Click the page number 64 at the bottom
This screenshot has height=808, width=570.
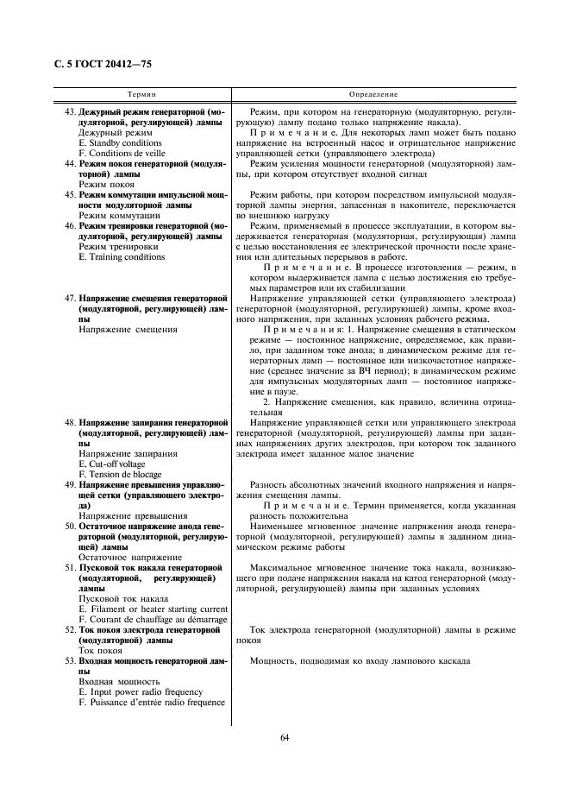click(285, 736)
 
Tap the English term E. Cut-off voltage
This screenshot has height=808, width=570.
click(113, 464)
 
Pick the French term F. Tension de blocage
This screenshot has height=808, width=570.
click(120, 474)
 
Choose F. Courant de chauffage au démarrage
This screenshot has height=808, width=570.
click(153, 620)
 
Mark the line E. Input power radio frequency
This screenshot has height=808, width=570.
click(141, 692)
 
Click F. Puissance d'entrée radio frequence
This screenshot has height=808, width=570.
click(152, 703)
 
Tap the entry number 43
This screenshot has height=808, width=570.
click(70, 112)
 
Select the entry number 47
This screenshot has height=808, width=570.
click(70, 298)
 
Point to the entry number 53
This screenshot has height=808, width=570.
click(70, 661)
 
